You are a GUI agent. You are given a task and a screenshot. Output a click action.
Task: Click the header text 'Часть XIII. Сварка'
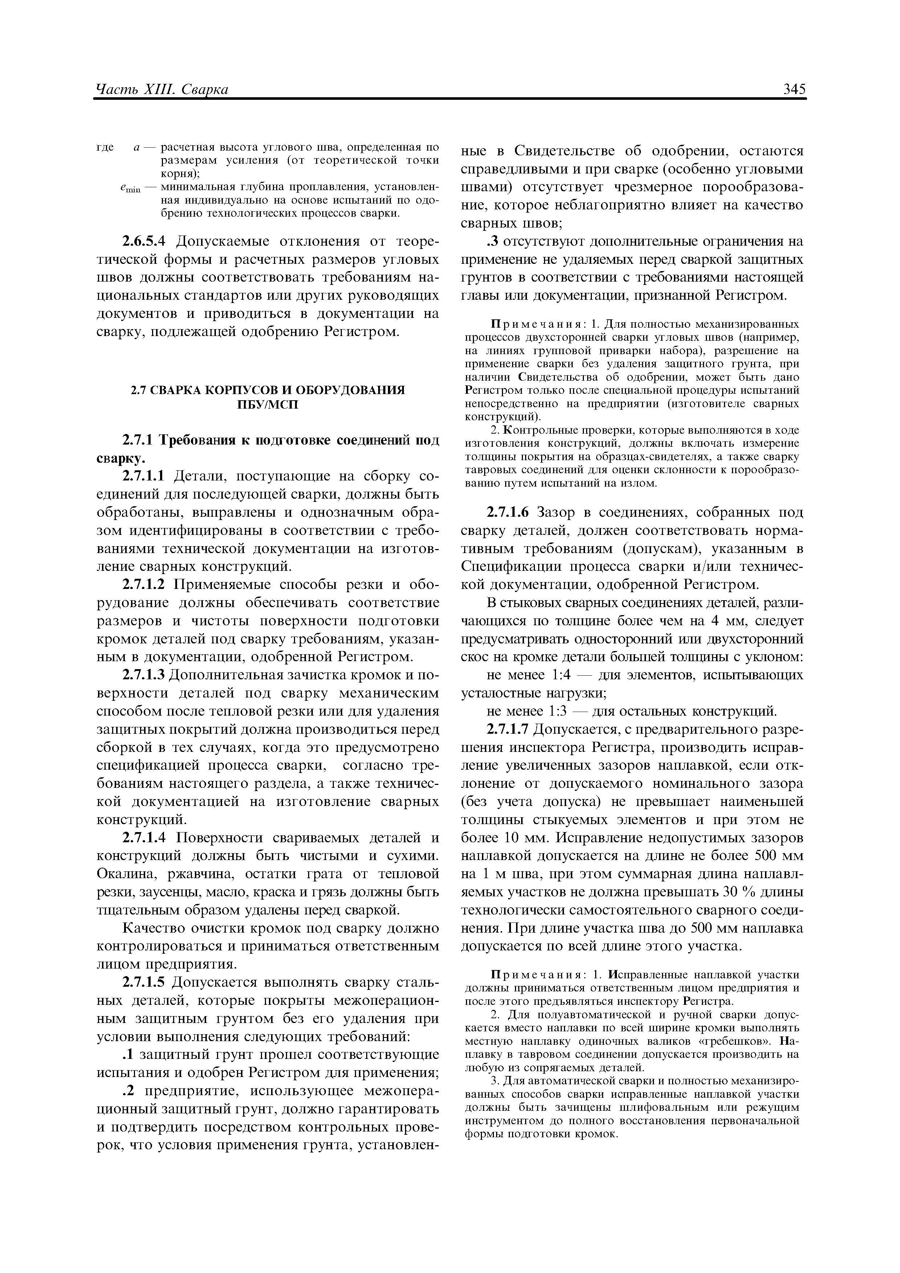coord(162,90)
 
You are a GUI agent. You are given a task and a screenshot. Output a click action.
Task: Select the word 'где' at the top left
coord(105,147)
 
